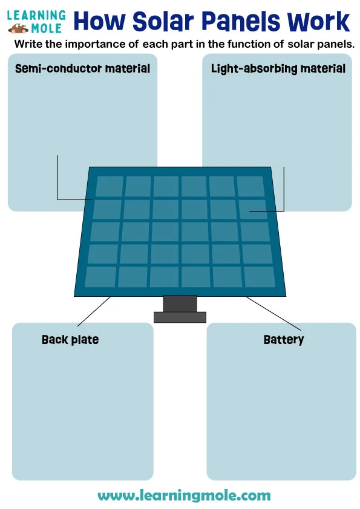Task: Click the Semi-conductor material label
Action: coord(82,68)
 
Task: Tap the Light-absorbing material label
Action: coord(278,68)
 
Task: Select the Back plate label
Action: coord(70,340)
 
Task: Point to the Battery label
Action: coord(284,340)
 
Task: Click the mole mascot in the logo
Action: coord(18,28)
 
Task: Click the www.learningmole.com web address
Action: coord(184,496)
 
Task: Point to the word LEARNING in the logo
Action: coord(37,15)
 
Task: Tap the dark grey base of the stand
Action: coord(180,317)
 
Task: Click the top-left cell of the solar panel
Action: coord(110,186)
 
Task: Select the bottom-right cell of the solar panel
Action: coord(259,276)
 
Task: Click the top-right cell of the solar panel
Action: coord(250,186)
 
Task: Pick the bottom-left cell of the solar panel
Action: coord(100,276)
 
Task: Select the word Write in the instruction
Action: coord(28,45)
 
